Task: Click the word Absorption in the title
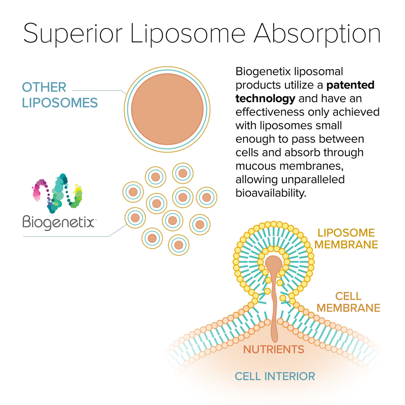pyautogui.click(x=317, y=34)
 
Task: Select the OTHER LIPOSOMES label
pyautogui.click(x=59, y=95)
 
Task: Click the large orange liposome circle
pyautogui.click(x=167, y=109)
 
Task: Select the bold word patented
pyautogui.click(x=351, y=85)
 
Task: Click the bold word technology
pyautogui.click(x=265, y=98)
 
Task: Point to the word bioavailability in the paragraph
pyautogui.click(x=271, y=193)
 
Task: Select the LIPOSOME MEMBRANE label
pyautogui.click(x=346, y=238)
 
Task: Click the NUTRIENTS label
pyautogui.click(x=273, y=349)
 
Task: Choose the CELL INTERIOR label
pyautogui.click(x=275, y=376)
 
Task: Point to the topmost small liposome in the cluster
pyautogui.click(x=183, y=173)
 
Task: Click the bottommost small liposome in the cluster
pyautogui.click(x=179, y=245)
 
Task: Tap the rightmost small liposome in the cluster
pyautogui.click(x=206, y=197)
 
